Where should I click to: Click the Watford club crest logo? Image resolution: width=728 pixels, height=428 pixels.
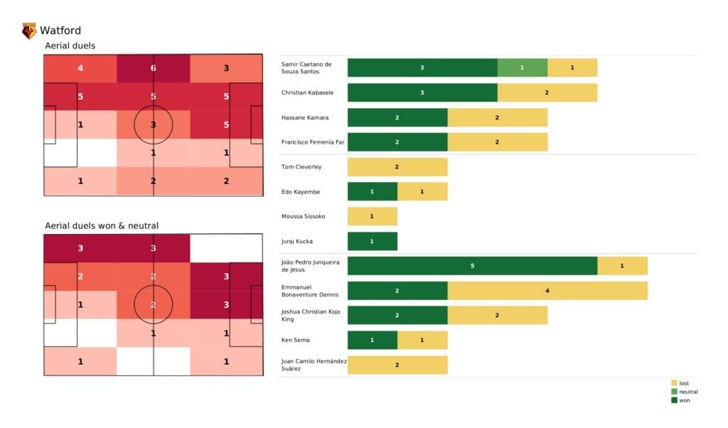point(29,31)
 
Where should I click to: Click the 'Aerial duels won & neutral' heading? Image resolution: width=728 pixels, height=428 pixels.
point(102,225)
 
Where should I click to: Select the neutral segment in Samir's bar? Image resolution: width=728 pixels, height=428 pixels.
point(522,68)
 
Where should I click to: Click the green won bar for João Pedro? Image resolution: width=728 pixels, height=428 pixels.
point(472,266)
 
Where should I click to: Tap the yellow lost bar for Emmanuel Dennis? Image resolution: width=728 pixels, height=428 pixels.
point(547,291)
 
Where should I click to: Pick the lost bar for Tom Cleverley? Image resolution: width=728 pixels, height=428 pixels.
point(397,166)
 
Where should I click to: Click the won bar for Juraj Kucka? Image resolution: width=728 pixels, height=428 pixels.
point(372,241)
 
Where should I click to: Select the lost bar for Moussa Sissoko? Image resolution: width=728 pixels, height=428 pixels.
point(372,216)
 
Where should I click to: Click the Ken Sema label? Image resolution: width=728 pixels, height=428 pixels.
point(296,340)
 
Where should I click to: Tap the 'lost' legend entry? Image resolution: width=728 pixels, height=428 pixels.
point(683,383)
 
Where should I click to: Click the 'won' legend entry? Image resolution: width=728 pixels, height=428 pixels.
point(683,400)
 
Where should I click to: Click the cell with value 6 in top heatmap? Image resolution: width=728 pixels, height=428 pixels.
point(154,68)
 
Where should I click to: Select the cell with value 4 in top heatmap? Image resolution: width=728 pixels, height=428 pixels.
point(80,68)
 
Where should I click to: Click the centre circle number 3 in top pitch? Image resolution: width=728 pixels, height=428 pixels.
point(154,124)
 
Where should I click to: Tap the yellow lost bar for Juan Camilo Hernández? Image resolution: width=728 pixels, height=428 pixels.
point(397,365)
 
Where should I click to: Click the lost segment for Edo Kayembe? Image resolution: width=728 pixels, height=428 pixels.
point(422,191)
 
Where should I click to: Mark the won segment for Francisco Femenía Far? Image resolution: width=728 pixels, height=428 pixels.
point(397,142)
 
